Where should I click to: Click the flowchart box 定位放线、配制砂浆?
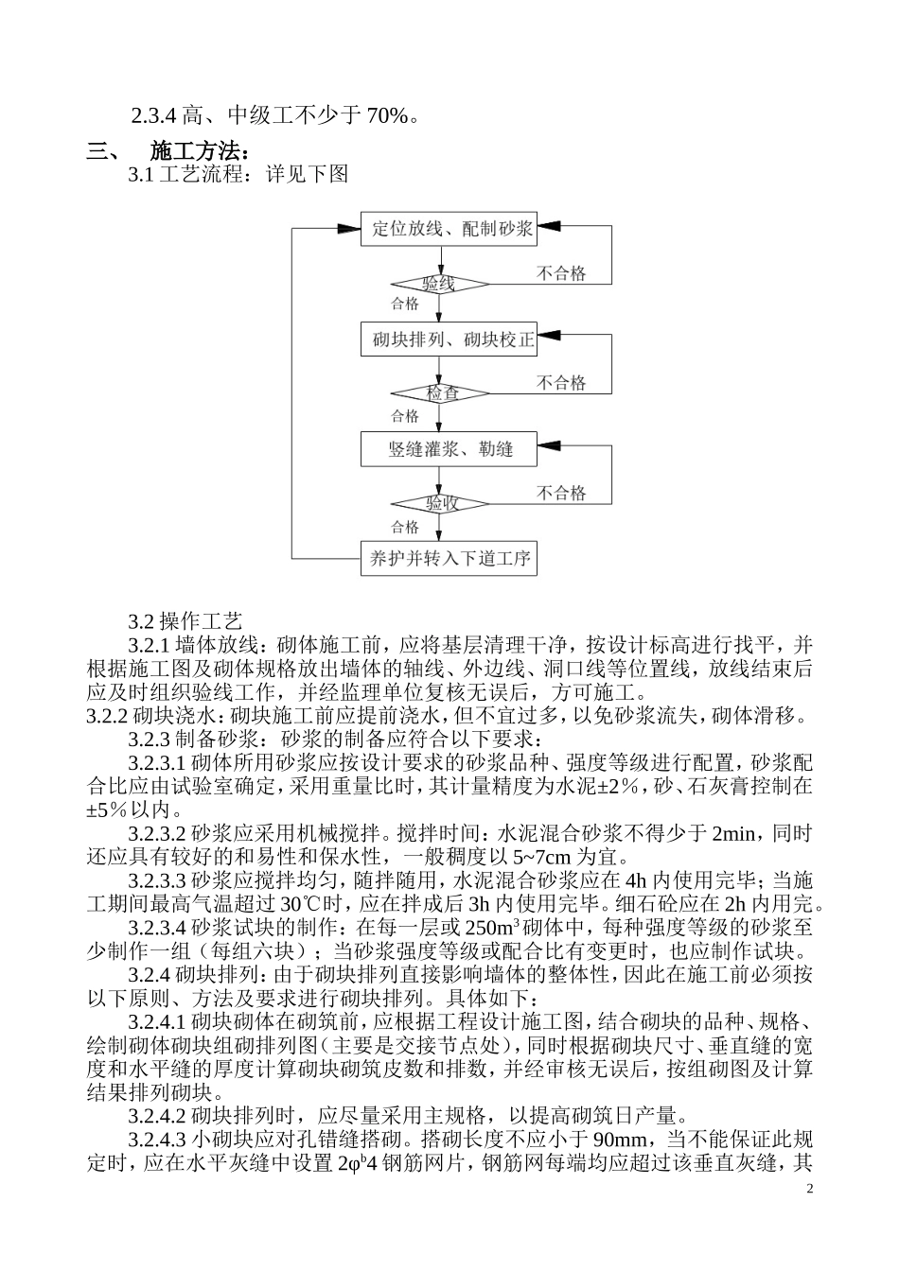click(x=449, y=229)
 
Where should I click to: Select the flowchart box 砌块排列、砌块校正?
click(x=449, y=340)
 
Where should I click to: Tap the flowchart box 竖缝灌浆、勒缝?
click(x=449, y=449)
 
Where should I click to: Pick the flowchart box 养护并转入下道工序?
click(x=449, y=558)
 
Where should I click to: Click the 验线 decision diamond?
click(x=440, y=284)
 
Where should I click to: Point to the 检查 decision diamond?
click(x=440, y=393)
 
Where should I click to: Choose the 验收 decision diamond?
click(x=440, y=503)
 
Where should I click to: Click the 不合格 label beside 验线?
click(x=561, y=273)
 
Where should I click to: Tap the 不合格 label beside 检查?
click(x=561, y=383)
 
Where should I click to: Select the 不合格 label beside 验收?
click(x=561, y=493)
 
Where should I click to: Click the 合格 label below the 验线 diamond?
click(x=405, y=305)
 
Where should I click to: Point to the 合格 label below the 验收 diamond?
click(x=405, y=527)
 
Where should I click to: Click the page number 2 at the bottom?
click(x=809, y=1188)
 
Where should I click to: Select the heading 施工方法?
click(x=200, y=151)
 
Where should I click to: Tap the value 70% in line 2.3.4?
click(x=387, y=116)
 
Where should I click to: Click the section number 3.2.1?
click(x=149, y=646)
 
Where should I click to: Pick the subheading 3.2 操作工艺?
click(x=185, y=621)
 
